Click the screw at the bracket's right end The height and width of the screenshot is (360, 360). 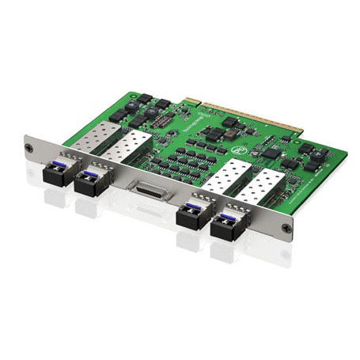(x=287, y=228)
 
